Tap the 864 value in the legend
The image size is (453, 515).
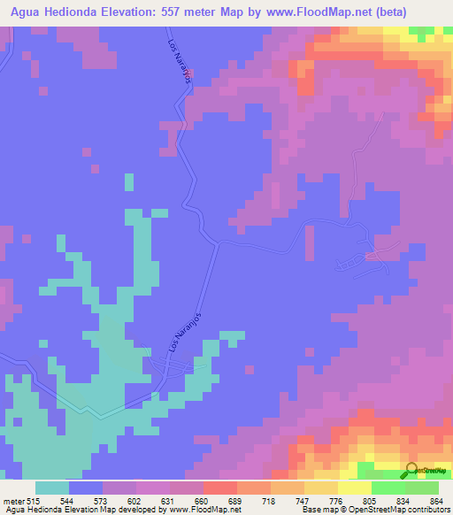(x=436, y=500)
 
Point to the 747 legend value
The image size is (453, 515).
(x=287, y=500)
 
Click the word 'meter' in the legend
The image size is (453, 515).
(x=12, y=500)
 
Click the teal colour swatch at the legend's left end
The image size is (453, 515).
(x=51, y=488)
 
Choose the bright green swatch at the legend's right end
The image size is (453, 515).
(x=421, y=488)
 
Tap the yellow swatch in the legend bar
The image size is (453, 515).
(x=354, y=488)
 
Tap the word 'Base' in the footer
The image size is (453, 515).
(x=310, y=510)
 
